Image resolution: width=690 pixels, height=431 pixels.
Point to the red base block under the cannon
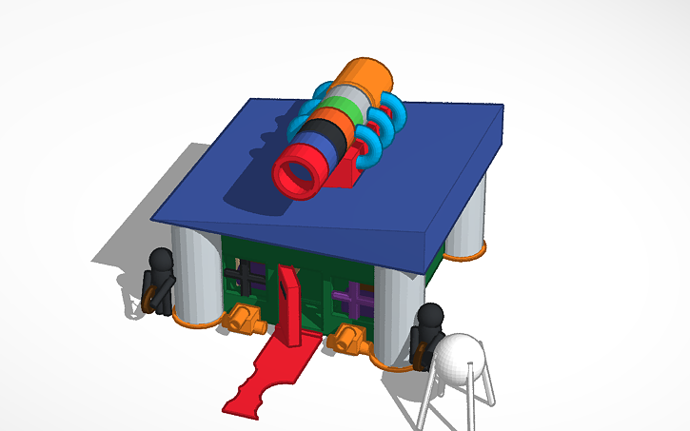coord(358,160)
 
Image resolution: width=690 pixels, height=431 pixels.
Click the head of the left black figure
coord(163,259)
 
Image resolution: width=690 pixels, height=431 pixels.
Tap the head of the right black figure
coord(431,315)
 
